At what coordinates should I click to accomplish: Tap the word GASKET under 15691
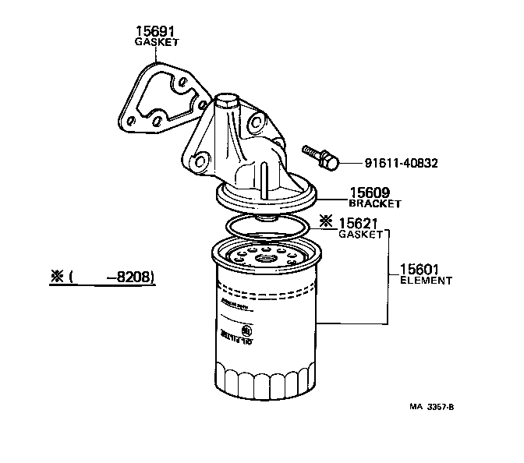pyautogui.click(x=156, y=44)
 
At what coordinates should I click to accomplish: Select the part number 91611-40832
pyautogui.click(x=401, y=164)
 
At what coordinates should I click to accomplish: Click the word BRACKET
pyautogui.click(x=374, y=203)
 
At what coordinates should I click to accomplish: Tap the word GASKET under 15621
pyautogui.click(x=359, y=235)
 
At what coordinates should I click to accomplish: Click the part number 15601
pyautogui.click(x=420, y=269)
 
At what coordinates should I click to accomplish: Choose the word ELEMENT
pyautogui.click(x=426, y=280)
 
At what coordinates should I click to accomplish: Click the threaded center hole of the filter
pyautogui.click(x=264, y=259)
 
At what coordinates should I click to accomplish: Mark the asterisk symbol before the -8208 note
pyautogui.click(x=56, y=277)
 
